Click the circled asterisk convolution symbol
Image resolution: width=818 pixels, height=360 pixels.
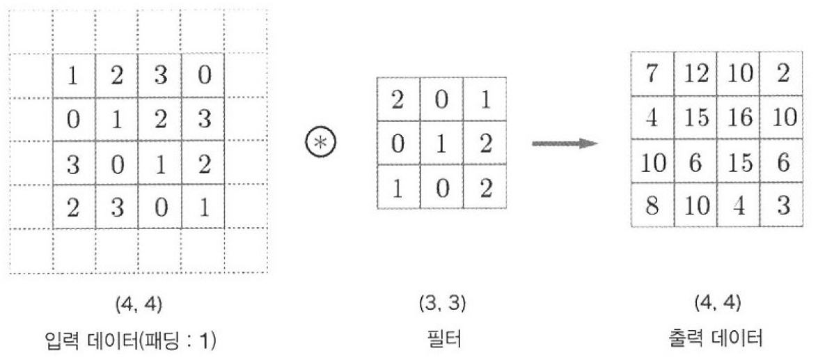pyautogui.click(x=321, y=143)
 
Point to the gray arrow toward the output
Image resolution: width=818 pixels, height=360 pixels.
pyautogui.click(x=565, y=143)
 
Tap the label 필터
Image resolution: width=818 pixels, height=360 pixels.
pyautogui.click(x=442, y=339)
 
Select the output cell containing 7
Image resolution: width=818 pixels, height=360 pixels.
pyautogui.click(x=652, y=75)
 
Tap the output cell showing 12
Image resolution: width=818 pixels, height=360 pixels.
pyautogui.click(x=695, y=75)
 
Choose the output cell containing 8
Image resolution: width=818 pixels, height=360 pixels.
pyautogui.click(x=652, y=207)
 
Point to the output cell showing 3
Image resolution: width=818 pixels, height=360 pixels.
pyautogui.click(x=782, y=207)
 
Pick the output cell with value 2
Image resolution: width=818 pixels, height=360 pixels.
pyautogui.click(x=782, y=75)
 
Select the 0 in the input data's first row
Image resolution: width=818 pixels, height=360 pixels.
pyautogui.click(x=203, y=76)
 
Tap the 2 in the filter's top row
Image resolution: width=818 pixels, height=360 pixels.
pyautogui.click(x=398, y=100)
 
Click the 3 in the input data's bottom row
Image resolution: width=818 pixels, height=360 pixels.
pyautogui.click(x=117, y=207)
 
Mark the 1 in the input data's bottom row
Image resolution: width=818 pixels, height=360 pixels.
pyautogui.click(x=203, y=207)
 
